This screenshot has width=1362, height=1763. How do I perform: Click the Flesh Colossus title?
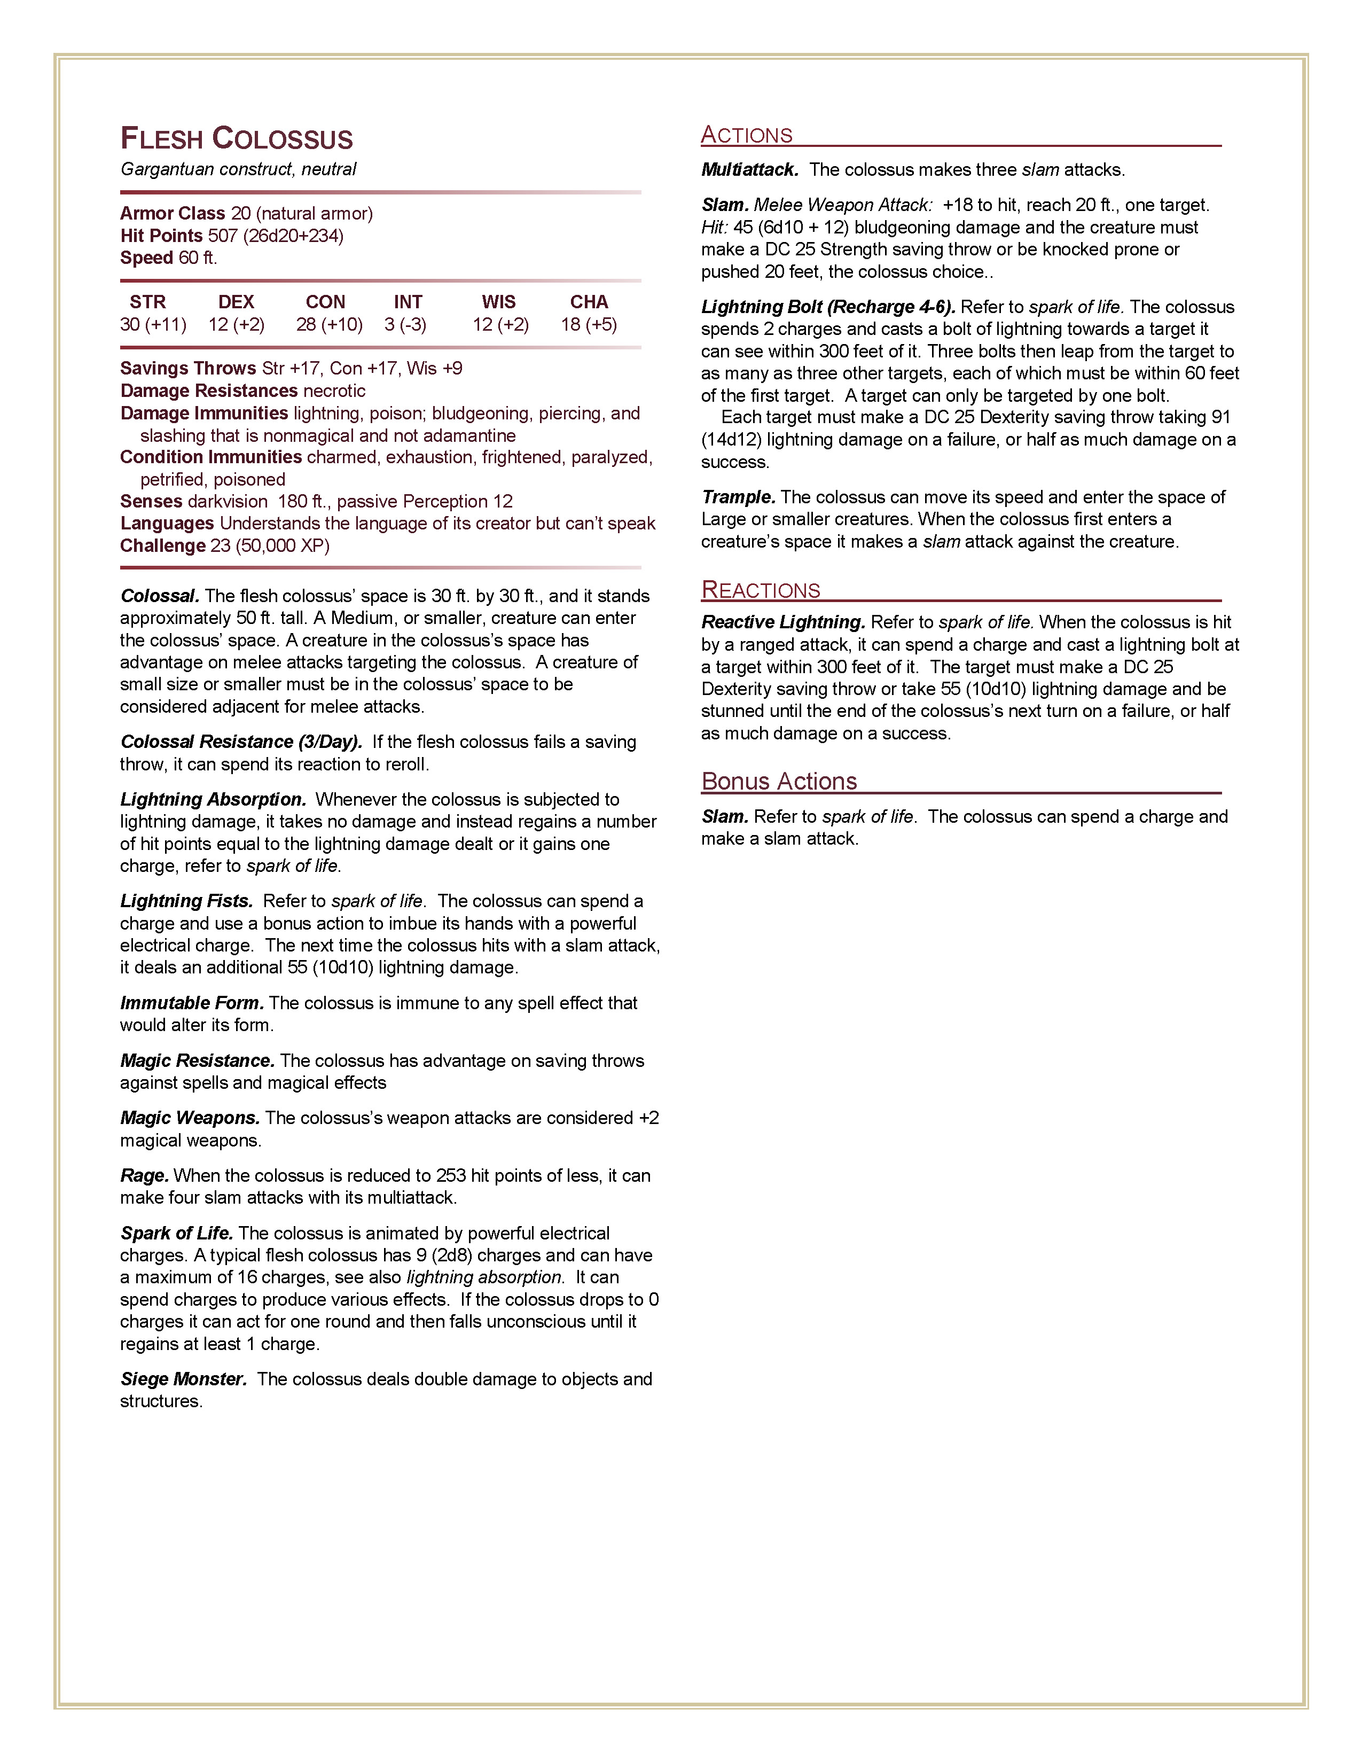(x=237, y=139)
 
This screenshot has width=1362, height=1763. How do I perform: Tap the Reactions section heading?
(x=760, y=590)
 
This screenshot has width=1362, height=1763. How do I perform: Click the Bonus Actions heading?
(x=779, y=782)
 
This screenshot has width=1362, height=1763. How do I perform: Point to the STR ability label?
(x=147, y=302)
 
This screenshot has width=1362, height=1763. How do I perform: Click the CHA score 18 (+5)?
(x=589, y=324)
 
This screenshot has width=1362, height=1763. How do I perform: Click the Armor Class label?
(x=173, y=213)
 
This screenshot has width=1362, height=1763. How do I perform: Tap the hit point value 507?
(x=223, y=236)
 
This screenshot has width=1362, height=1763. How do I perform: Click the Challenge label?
(x=163, y=545)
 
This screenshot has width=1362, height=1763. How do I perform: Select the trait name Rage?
(x=144, y=1175)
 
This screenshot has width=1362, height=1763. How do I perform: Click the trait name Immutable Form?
(x=192, y=1003)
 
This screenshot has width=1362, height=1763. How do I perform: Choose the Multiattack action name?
(x=749, y=169)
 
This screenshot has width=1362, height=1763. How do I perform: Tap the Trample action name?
(x=738, y=497)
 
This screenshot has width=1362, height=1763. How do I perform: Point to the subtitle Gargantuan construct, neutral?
(x=238, y=169)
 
